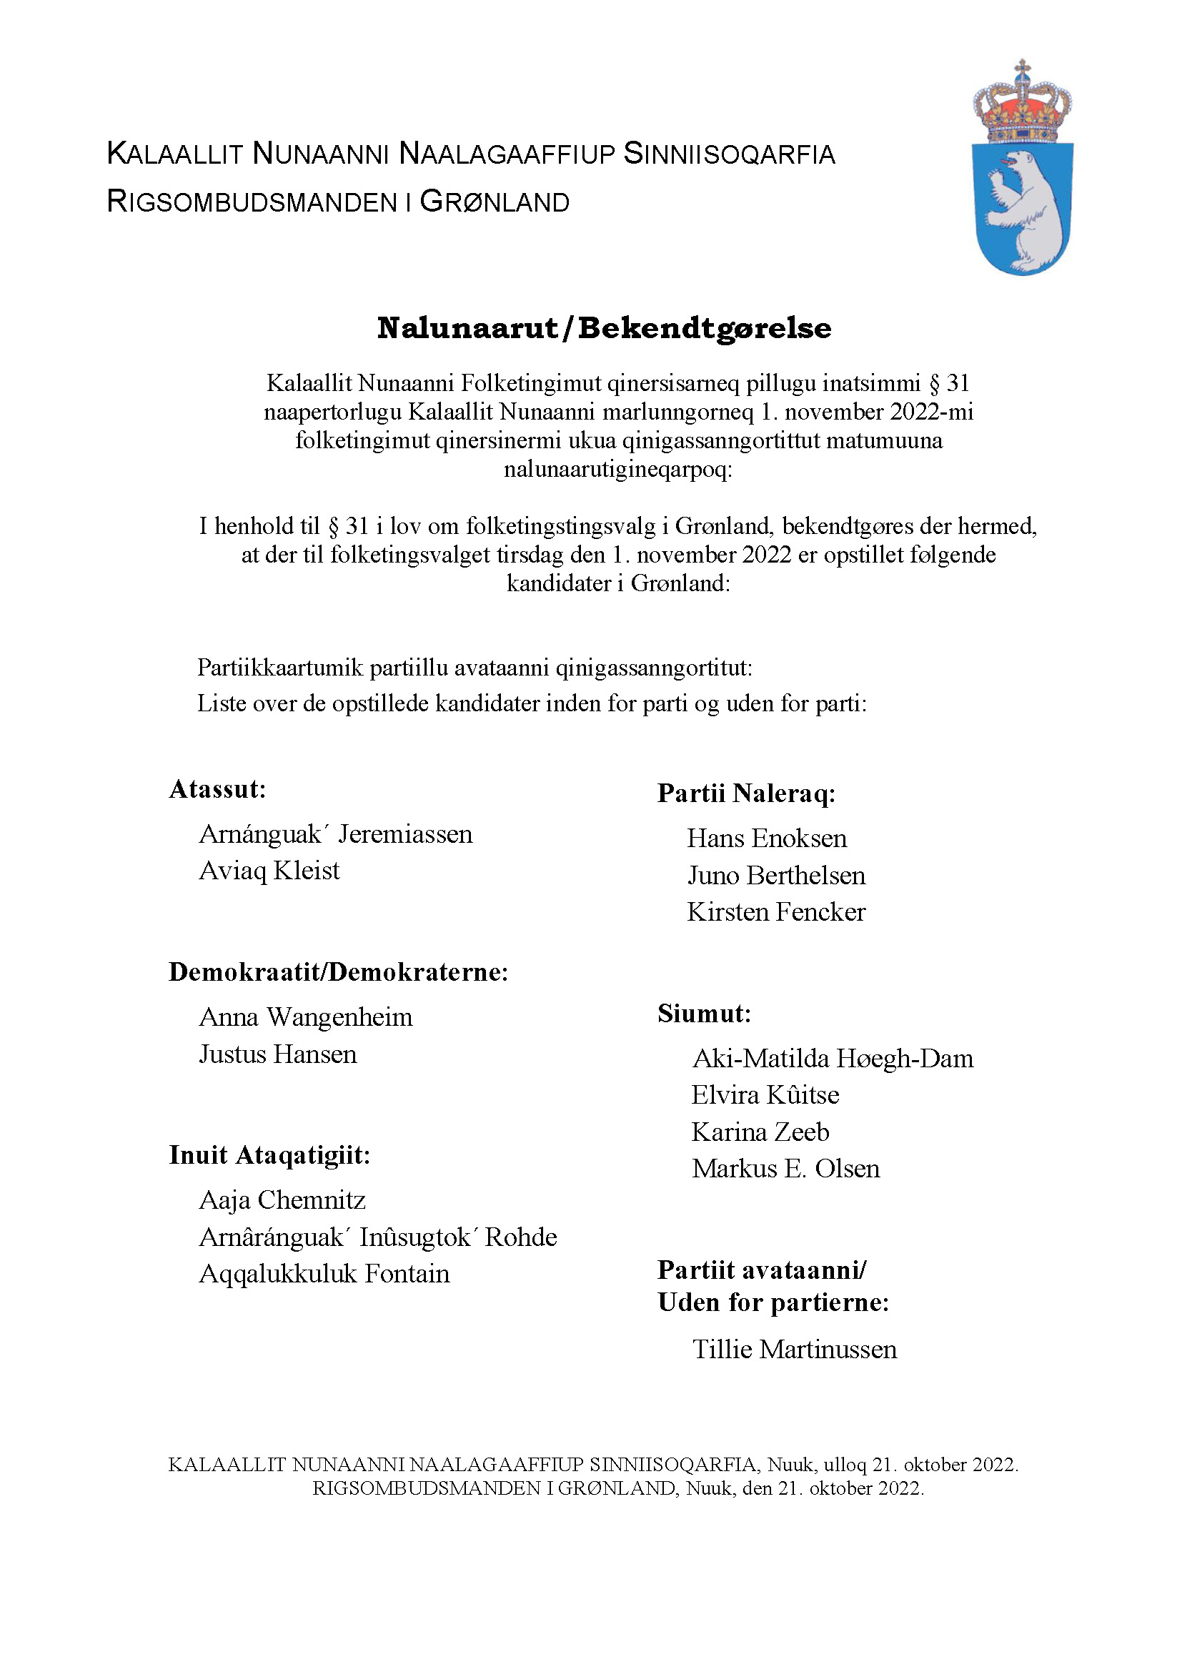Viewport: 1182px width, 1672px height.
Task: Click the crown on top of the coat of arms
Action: pos(1022,105)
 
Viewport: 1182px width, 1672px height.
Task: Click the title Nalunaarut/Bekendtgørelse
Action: pos(604,328)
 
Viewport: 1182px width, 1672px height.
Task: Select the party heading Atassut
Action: pos(218,789)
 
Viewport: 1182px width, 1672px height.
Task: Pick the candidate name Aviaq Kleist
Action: pos(269,871)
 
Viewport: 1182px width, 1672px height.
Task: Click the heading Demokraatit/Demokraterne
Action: pos(338,972)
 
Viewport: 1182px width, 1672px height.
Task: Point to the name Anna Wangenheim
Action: pos(306,1017)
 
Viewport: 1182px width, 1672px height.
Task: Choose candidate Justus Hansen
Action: pos(278,1054)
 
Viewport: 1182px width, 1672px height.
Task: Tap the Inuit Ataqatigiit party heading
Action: pos(269,1155)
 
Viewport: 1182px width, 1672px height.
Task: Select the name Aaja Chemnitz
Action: pos(282,1200)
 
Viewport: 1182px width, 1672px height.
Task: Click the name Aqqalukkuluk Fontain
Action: pos(324,1274)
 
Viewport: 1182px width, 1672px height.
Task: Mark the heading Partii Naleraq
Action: pos(746,793)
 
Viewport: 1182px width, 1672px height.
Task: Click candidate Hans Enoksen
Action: pos(767,839)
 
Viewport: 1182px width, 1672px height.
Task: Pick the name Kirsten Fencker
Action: pos(776,912)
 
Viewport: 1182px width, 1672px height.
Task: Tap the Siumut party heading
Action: pos(704,1014)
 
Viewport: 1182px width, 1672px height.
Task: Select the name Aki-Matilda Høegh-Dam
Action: pos(833,1059)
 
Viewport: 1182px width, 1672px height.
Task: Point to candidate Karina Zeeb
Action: pos(760,1132)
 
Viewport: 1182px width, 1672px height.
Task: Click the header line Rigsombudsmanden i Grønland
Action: pos(338,202)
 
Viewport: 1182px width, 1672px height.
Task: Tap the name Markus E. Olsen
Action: pos(785,1169)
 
